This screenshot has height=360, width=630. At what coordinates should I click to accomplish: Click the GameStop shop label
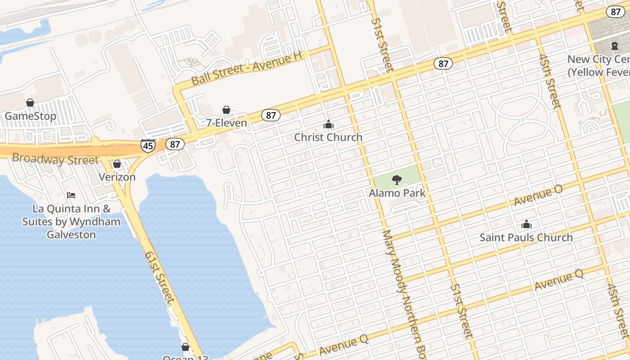click(x=31, y=117)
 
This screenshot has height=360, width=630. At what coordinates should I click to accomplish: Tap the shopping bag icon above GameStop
click(x=30, y=103)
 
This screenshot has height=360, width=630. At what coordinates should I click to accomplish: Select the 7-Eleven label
click(x=227, y=123)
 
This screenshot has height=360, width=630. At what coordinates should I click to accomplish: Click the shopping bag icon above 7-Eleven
click(x=226, y=110)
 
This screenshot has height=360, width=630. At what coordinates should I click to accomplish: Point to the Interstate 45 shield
click(x=148, y=145)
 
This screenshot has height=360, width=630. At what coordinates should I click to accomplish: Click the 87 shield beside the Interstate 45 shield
click(x=175, y=144)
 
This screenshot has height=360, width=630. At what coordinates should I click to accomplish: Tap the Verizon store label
click(x=117, y=177)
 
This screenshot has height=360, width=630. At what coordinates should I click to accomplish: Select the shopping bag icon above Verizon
click(x=117, y=164)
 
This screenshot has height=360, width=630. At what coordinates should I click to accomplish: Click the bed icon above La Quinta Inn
click(x=71, y=195)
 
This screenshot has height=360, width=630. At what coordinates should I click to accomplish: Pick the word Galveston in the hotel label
click(x=71, y=234)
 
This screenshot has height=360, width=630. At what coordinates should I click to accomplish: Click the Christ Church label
click(x=328, y=137)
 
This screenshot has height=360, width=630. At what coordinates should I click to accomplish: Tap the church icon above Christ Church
click(x=328, y=124)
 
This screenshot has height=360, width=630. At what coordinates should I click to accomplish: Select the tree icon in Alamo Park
click(x=396, y=180)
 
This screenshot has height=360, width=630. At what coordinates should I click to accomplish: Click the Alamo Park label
click(x=397, y=193)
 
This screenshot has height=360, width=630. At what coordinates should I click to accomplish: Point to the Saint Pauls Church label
click(x=526, y=237)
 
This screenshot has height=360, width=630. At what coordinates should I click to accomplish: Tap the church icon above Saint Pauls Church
click(x=526, y=224)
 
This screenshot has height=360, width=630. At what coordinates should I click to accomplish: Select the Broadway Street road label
click(x=55, y=159)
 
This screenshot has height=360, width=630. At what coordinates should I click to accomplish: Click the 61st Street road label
click(x=159, y=276)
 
